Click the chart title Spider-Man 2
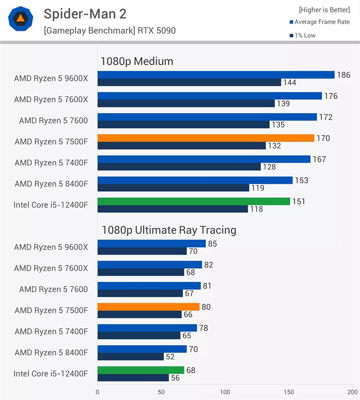[85, 14]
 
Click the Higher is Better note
[324, 9]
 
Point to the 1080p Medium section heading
[137, 62]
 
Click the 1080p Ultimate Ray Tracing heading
[168, 230]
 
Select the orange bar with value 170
[206, 138]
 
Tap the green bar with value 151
[193, 201]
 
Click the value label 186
[343, 75]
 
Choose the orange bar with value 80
[148, 307]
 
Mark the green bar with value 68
[140, 370]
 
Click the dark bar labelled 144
[189, 82]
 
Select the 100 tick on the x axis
[225, 391]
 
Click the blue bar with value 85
[151, 244]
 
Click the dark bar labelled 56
[133, 378]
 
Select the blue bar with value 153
[195, 180]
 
